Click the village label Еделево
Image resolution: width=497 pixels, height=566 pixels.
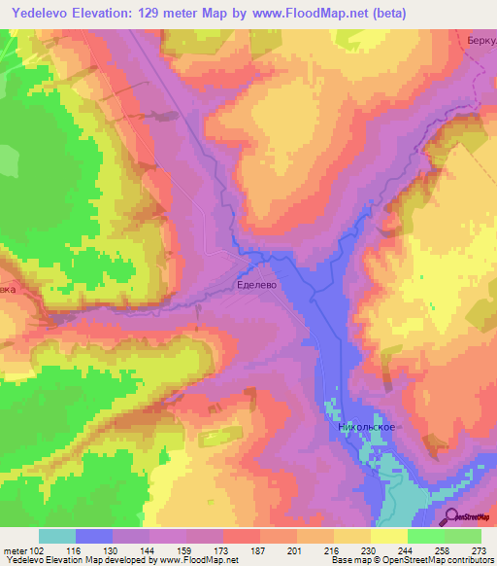[x=257, y=287]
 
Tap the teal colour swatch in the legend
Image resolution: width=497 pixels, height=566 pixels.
[x=57, y=536]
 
